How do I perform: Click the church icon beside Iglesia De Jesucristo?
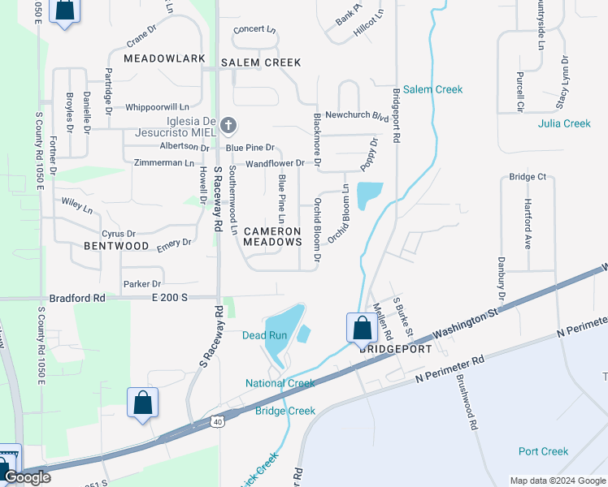pos(228,125)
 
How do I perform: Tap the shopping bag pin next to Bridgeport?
pos(361,328)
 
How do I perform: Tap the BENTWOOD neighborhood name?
pos(116,246)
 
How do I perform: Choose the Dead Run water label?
pos(265,335)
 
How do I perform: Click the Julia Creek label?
pos(564,123)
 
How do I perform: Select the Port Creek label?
pos(544,451)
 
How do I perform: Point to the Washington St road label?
pos(465,323)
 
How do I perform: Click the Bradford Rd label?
pos(77,298)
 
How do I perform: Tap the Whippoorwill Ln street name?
pos(157,106)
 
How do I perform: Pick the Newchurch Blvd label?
pos(357,115)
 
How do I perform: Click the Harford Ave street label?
pos(528,222)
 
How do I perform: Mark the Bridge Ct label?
pos(528,177)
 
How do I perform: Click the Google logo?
pos(28,477)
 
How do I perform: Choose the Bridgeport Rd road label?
pos(397,116)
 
